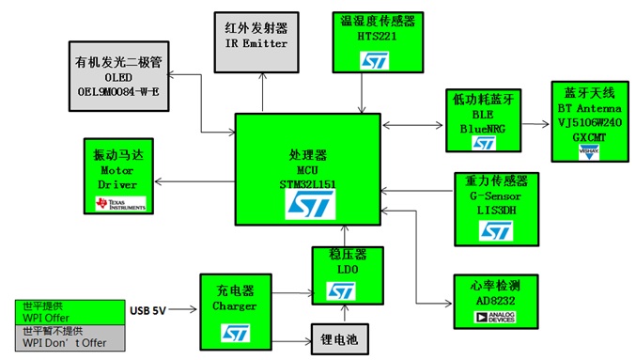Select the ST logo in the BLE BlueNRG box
[483, 143]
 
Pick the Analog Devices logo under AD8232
[487, 318]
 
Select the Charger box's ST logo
[233, 332]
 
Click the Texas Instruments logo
[116, 203]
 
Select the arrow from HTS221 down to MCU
[362, 93]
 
